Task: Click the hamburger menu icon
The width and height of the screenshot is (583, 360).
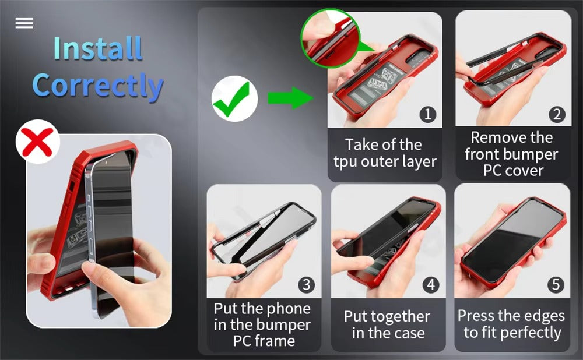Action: click(x=24, y=23)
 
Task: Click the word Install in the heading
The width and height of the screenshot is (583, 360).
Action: click(x=97, y=49)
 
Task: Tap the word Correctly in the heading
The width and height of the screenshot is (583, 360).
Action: click(x=97, y=86)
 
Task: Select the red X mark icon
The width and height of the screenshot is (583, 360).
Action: click(x=38, y=142)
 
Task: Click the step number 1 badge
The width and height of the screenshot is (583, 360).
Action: click(x=428, y=114)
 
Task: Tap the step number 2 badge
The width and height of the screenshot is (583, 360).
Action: click(x=557, y=114)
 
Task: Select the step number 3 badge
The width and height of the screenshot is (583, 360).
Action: click(x=307, y=285)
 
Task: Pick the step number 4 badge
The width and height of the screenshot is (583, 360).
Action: click(x=431, y=285)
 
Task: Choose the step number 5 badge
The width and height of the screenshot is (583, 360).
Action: click(x=556, y=285)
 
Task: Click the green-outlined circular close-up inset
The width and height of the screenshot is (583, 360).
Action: click(x=329, y=38)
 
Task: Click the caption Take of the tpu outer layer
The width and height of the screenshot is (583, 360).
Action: click(x=384, y=153)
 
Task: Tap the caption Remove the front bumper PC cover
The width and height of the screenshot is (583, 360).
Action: click(x=512, y=154)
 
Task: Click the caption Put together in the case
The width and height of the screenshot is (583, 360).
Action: click(x=387, y=324)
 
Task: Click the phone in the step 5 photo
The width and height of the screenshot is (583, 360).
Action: click(x=513, y=242)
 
